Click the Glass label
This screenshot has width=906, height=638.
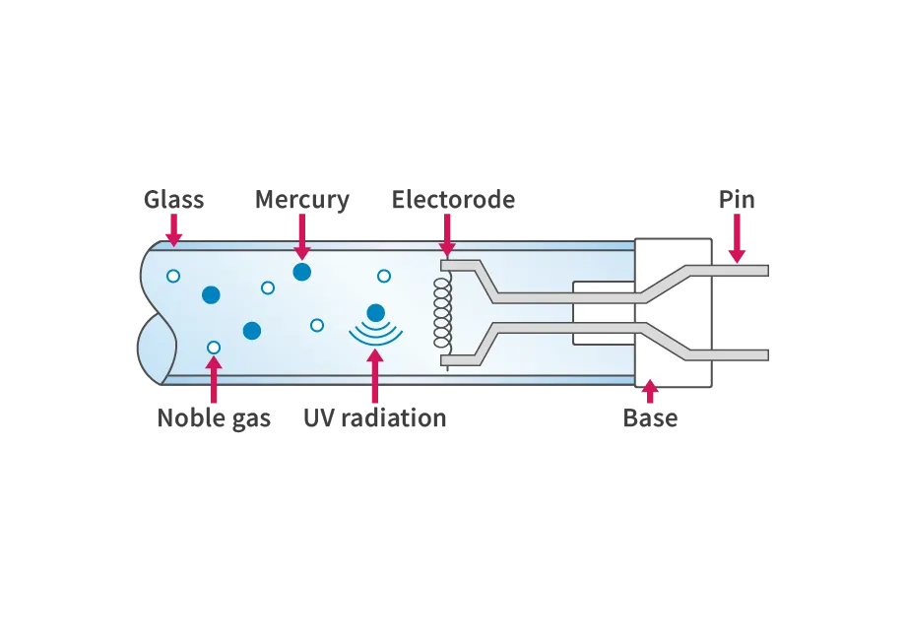(174, 199)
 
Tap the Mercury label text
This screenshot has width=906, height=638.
(302, 200)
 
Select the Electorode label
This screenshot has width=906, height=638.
(454, 199)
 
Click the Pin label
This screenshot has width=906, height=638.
(737, 199)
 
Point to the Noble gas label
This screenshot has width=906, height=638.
(214, 418)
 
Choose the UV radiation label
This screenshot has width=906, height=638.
(375, 417)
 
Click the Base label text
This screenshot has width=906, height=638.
(650, 417)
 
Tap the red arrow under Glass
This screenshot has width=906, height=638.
(173, 230)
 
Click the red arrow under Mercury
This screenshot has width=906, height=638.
(302, 237)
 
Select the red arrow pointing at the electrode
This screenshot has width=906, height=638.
(447, 235)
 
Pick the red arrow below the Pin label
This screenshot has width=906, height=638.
(737, 238)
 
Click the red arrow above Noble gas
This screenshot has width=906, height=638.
(214, 380)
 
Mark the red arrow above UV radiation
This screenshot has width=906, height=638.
(375, 376)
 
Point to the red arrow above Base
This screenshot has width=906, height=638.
(650, 391)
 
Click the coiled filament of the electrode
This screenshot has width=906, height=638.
(442, 313)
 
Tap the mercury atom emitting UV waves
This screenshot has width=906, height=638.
(375, 313)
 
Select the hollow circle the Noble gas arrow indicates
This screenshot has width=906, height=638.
(214, 348)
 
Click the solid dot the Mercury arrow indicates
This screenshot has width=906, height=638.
(302, 272)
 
